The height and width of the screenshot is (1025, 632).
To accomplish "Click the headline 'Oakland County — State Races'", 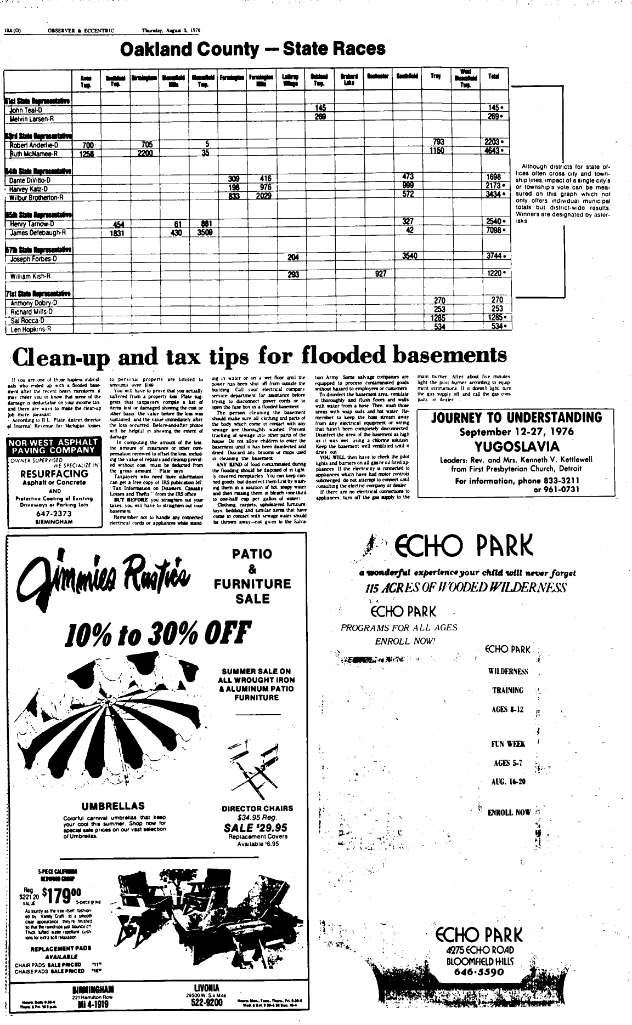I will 252,49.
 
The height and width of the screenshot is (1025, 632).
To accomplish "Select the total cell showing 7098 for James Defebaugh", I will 494,232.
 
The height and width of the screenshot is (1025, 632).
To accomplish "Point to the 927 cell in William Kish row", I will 381,274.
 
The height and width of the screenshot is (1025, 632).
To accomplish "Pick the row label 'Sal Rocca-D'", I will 27,320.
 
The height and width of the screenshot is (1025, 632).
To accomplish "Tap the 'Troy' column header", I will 436,76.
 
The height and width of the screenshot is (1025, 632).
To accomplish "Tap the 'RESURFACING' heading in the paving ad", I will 53,474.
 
